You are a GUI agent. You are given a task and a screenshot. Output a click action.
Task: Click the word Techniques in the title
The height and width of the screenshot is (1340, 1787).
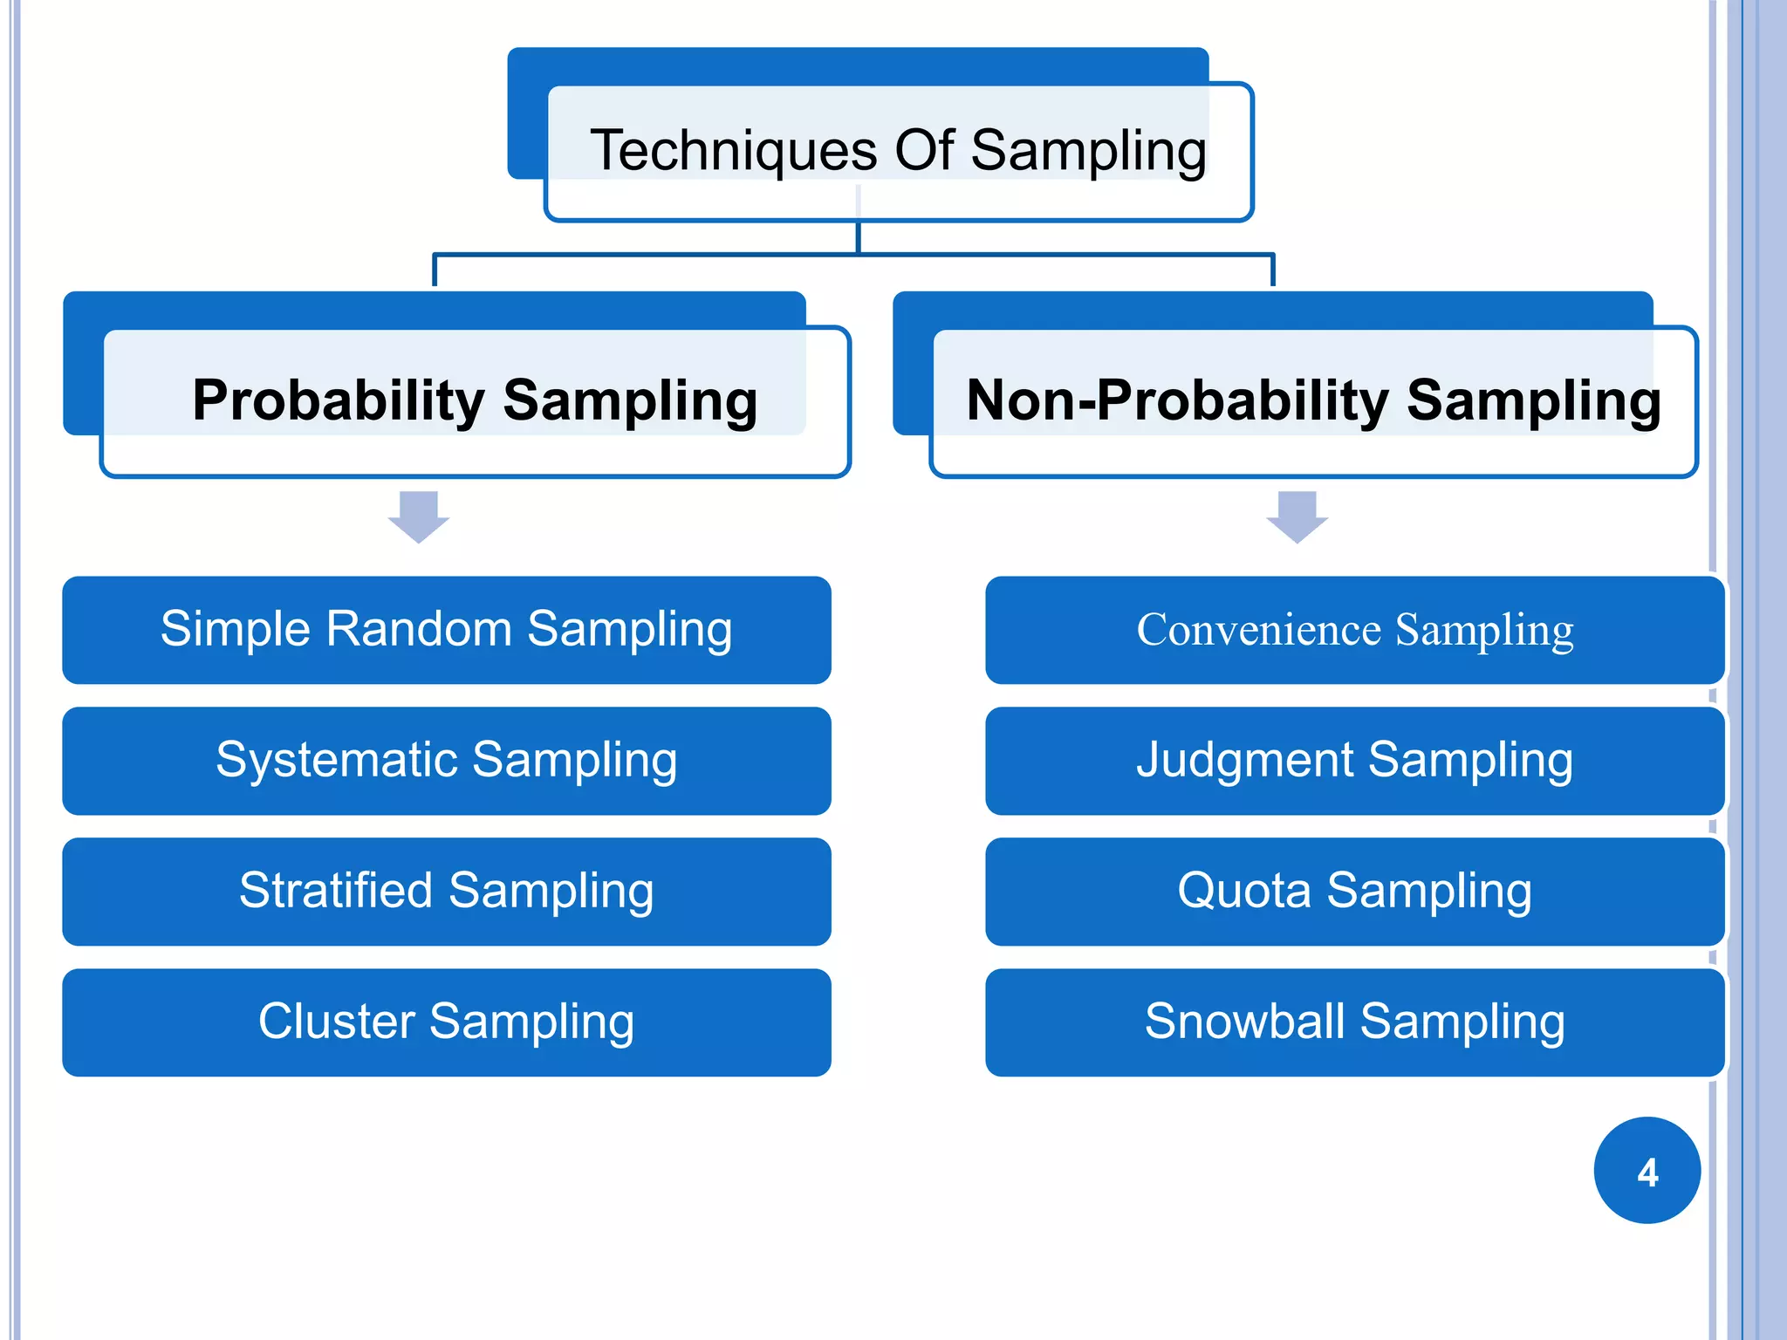(733, 151)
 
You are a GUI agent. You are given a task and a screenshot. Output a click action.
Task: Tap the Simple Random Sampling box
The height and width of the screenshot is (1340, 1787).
(446, 630)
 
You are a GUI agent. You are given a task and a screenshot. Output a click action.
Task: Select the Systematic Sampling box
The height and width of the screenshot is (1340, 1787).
(446, 761)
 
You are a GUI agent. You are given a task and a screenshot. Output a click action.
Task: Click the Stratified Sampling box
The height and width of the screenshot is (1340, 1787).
(446, 892)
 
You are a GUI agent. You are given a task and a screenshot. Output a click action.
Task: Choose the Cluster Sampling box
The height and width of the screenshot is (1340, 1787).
(446, 1022)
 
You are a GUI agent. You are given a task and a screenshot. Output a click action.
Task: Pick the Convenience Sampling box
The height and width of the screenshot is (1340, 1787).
(1354, 630)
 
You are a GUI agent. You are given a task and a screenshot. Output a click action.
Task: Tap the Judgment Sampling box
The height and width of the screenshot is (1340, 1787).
(1354, 761)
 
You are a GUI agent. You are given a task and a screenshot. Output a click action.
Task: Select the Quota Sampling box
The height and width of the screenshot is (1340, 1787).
(1354, 892)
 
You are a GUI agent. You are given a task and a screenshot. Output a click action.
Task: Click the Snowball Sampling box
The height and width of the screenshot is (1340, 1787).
(1354, 1022)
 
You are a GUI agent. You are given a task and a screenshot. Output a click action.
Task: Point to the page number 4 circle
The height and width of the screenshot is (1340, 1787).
(1647, 1171)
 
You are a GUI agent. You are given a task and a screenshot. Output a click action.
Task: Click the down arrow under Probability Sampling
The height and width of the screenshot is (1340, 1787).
(419, 517)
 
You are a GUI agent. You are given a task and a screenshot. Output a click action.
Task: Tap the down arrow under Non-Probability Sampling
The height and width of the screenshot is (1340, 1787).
(1297, 517)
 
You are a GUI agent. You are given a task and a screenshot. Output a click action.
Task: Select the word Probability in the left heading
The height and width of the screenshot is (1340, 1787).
(338, 401)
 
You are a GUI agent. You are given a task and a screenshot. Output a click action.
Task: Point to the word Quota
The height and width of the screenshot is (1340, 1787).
(1243, 892)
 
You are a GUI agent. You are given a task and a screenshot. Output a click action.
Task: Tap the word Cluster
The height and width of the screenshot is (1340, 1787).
(336, 1022)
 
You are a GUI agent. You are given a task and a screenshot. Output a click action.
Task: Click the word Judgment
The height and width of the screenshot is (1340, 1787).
(1243, 761)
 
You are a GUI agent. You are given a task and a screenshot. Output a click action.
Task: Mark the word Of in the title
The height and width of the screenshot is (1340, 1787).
(924, 150)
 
